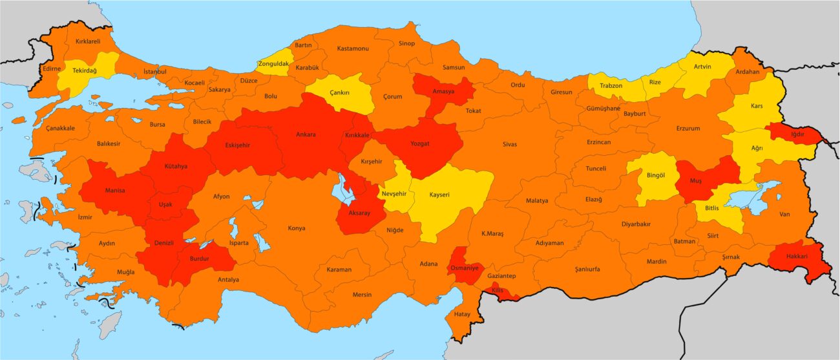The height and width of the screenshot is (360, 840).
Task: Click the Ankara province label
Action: coord(306,135)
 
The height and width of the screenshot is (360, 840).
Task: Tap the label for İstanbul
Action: coord(155,71)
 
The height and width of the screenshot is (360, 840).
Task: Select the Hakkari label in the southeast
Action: coord(792,256)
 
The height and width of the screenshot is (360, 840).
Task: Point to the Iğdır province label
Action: coord(796,134)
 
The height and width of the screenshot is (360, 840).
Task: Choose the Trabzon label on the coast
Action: coord(611,86)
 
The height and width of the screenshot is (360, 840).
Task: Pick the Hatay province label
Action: coord(462,314)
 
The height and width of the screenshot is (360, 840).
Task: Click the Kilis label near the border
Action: coord(497,290)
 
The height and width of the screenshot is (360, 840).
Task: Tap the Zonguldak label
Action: coord(273,63)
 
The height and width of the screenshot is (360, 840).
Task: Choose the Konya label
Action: coord(297,228)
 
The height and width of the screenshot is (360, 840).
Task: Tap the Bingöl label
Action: coord(655,175)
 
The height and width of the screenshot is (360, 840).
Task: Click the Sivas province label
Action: coord(510,144)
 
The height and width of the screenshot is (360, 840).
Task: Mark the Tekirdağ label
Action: coord(85,70)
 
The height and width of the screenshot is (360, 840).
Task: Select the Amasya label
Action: coord(444,92)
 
